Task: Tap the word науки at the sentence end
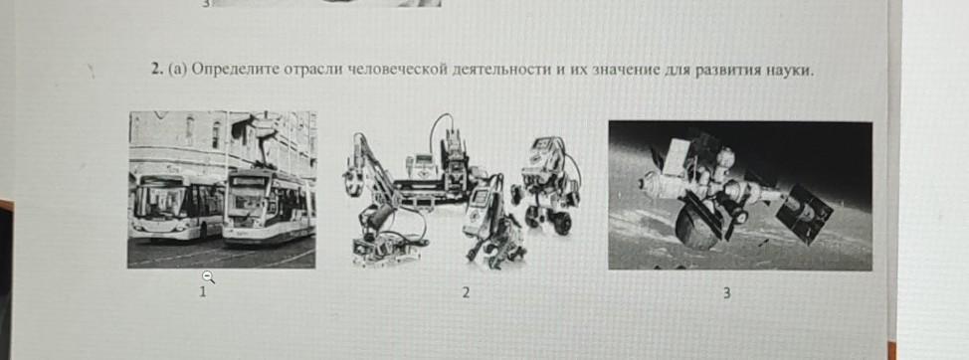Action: tap(792, 71)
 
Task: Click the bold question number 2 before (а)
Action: tap(157, 70)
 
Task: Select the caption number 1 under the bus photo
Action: tap(202, 292)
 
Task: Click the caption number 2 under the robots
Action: tap(466, 293)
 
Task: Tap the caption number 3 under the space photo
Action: tap(726, 293)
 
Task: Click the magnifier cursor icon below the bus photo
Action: tap(209, 277)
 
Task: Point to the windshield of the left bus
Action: tap(159, 201)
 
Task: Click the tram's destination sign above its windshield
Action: tap(248, 182)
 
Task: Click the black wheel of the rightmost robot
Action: tap(562, 222)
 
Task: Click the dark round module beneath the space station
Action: tap(697, 226)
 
